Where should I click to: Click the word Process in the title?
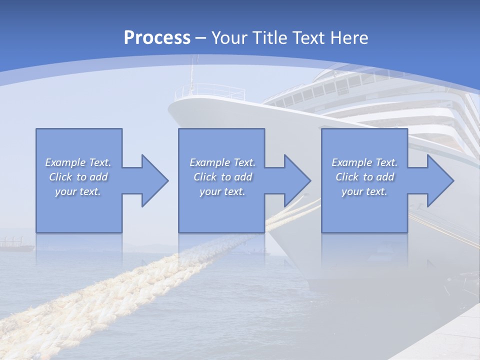[x=157, y=38]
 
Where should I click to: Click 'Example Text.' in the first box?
[x=78, y=162]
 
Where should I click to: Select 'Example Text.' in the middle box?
[x=222, y=162]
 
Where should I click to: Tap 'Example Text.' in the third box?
[x=364, y=162]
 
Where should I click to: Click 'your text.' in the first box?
[x=78, y=191]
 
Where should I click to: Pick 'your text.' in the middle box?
[x=222, y=191]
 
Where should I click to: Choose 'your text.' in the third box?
[x=364, y=191]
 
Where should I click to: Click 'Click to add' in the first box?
[x=78, y=177]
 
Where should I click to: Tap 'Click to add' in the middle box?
[x=222, y=177]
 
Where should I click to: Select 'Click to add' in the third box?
[x=364, y=177]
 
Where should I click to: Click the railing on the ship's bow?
[x=210, y=91]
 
